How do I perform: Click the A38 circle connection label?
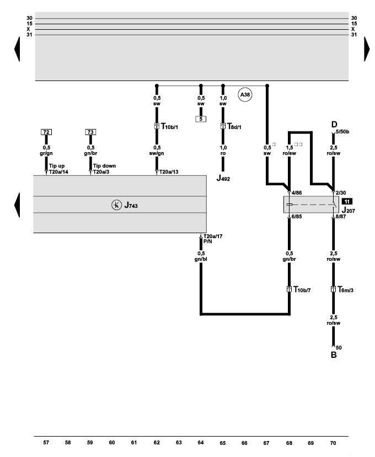tap(244, 95)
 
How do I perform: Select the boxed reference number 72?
tap(46, 132)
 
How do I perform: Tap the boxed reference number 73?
tap(90, 132)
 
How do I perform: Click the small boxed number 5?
tap(201, 118)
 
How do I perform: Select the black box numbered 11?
tap(347, 201)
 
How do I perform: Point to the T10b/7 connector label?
tap(303, 289)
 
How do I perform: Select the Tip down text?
tap(104, 165)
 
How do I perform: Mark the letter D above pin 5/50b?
tap(333, 125)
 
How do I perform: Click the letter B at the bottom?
tap(333, 356)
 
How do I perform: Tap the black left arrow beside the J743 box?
tap(17, 205)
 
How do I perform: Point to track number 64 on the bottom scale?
tap(201, 443)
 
